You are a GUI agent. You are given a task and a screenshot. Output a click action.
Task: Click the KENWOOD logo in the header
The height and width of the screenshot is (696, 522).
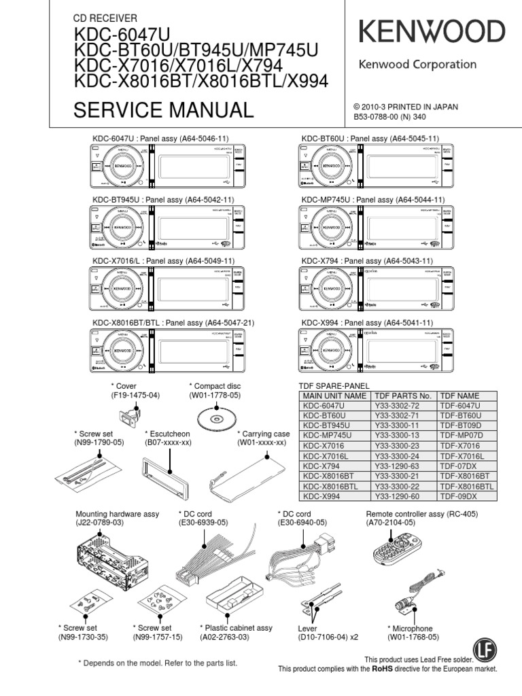click(432, 32)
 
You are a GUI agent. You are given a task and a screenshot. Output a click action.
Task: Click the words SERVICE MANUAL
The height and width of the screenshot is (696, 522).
click(163, 109)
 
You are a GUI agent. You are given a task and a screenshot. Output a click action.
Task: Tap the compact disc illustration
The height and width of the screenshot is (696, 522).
click(214, 415)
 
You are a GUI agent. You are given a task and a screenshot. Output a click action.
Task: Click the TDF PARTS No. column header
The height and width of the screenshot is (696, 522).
click(403, 395)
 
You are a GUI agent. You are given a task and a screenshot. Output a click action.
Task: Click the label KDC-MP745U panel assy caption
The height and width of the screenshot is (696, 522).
click(372, 200)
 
